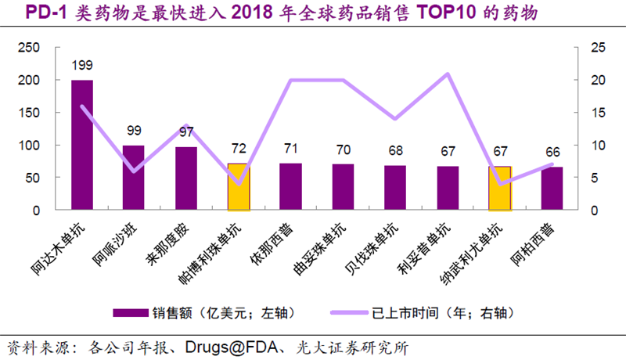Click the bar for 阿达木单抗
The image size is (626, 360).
[x=82, y=145]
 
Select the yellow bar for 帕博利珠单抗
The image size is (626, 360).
[x=239, y=187]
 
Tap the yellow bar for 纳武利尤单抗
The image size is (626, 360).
[x=500, y=189]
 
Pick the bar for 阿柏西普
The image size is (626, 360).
[x=552, y=189]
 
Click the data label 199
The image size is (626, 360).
[x=82, y=66]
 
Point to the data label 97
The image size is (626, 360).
[x=186, y=132]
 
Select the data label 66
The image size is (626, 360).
[x=552, y=153]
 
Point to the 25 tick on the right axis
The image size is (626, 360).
[x=598, y=47]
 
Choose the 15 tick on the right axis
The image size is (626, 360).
[x=598, y=113]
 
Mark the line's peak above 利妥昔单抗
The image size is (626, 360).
[x=448, y=74]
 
